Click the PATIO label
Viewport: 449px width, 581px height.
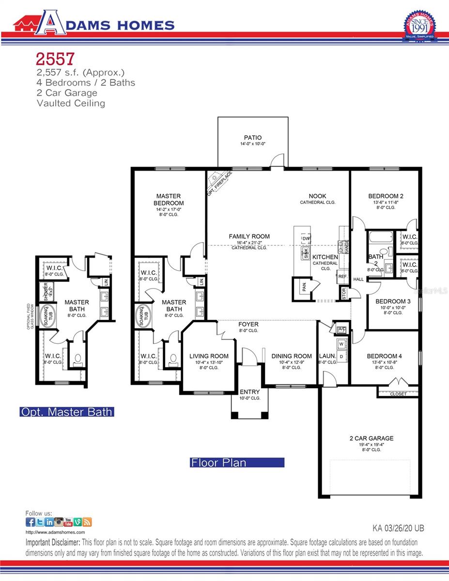252,137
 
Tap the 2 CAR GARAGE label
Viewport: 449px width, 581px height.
372,438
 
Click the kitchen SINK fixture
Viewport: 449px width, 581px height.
306,252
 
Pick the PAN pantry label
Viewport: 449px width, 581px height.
304,287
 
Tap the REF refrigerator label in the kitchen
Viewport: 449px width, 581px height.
342,276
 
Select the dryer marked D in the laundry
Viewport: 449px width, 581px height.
341,357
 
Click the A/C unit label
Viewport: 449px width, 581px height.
341,329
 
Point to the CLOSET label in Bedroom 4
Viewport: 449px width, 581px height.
398,394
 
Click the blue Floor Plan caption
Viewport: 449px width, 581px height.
237,462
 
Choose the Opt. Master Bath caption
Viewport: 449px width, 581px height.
67,412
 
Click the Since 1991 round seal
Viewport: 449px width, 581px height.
419,27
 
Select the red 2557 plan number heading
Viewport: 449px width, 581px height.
55,59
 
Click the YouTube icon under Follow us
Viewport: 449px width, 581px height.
68,522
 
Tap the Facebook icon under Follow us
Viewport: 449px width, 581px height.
30,522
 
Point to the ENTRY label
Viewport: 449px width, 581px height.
249,392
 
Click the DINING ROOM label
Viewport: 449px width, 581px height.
291,356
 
